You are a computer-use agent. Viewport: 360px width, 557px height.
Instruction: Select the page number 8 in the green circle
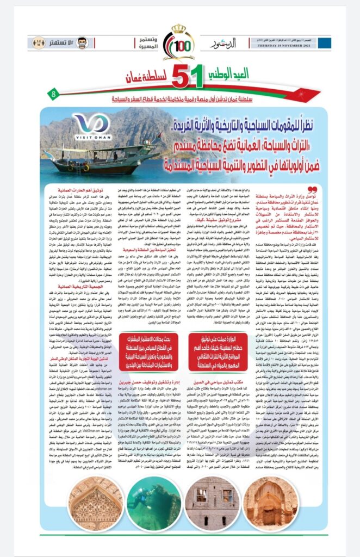pos(54,81)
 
